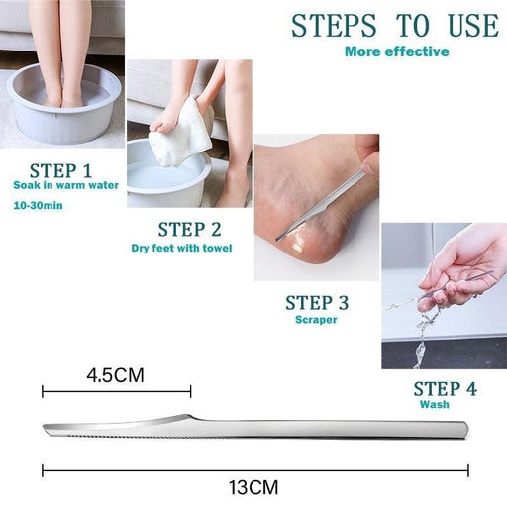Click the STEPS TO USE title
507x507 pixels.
[395, 26]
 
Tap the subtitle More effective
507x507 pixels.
[397, 51]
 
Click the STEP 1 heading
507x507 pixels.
[60, 171]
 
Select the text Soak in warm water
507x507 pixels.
[66, 185]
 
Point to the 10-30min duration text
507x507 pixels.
[38, 205]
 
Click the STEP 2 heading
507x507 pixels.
[189, 230]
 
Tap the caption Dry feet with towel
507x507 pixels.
[181, 248]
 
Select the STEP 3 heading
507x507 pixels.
[317, 303]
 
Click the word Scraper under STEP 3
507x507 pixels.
[316, 320]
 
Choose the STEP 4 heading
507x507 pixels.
[446, 389]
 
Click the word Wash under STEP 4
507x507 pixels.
[435, 404]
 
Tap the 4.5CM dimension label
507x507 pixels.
[115, 375]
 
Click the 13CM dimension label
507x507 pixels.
[253, 487]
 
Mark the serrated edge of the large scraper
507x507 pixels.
[132, 437]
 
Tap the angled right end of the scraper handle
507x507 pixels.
[464, 430]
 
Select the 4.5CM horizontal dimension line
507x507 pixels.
[117, 392]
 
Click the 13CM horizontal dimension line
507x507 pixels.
[255, 470]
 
